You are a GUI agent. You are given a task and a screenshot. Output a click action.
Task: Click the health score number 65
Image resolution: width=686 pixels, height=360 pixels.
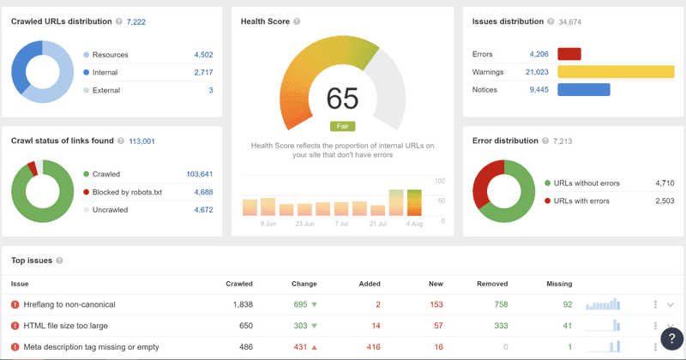(342, 99)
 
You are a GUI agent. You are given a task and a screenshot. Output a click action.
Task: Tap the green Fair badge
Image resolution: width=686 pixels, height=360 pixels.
(342, 126)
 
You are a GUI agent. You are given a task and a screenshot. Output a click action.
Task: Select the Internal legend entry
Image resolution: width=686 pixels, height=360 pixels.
(105, 72)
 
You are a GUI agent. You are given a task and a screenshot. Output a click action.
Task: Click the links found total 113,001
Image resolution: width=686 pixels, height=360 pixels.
(141, 141)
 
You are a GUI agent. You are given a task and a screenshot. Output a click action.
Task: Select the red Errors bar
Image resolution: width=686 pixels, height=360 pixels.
(569, 54)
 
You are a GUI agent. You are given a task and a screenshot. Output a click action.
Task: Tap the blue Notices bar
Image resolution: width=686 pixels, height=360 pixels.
(583, 89)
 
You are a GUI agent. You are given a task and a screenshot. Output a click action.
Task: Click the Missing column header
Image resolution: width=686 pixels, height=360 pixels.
(559, 284)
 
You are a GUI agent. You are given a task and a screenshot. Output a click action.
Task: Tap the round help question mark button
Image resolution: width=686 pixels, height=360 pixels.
(672, 338)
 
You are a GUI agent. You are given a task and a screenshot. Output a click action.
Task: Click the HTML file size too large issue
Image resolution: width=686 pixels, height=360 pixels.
(66, 326)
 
